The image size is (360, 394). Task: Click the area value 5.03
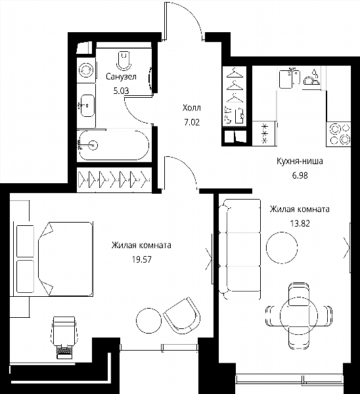click(x=121, y=91)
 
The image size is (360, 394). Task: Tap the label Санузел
click(x=121, y=76)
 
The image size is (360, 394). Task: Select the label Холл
click(x=192, y=108)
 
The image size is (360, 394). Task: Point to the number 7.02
click(x=192, y=122)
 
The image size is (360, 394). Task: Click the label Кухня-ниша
click(x=300, y=161)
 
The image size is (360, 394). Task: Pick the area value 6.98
click(x=300, y=175)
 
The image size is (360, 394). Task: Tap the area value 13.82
click(x=300, y=223)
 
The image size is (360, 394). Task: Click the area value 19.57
click(x=142, y=259)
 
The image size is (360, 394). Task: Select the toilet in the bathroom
click(x=124, y=60)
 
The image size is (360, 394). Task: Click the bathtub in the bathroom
click(x=114, y=145)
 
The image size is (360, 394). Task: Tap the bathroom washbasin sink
click(x=87, y=106)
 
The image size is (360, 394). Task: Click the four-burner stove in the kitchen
click(x=338, y=134)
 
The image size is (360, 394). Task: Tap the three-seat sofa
click(x=239, y=249)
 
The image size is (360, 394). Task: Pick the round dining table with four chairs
click(x=299, y=315)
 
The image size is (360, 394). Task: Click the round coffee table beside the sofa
click(x=282, y=248)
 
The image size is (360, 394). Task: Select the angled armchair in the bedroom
click(x=182, y=315)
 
